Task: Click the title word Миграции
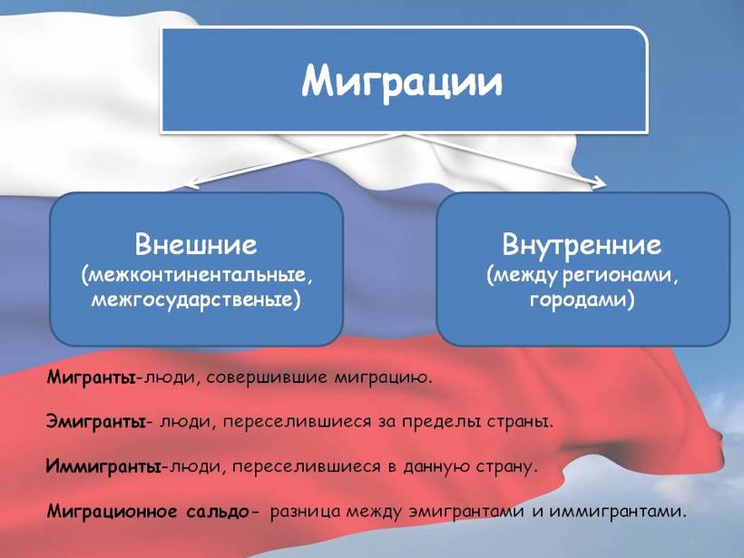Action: point(402,82)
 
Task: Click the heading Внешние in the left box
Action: point(196,244)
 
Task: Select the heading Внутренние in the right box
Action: point(582,244)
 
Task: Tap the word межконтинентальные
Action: point(198,275)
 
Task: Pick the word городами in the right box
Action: point(580,300)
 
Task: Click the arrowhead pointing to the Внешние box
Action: point(188,182)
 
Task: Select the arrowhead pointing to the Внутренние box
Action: point(600,182)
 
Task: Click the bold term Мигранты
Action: point(91,377)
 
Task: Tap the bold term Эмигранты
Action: point(96,422)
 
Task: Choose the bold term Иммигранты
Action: point(103,466)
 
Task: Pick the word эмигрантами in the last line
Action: point(466,512)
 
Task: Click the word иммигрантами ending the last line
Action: point(618,512)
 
